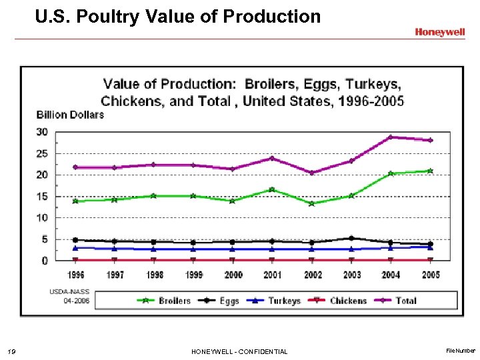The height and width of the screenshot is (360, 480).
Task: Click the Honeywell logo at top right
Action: tap(440, 32)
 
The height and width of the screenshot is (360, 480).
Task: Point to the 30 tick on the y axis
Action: tap(42, 132)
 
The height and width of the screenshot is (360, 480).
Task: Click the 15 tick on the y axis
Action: tap(42, 197)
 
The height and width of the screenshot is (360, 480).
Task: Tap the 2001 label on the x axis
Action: tap(272, 275)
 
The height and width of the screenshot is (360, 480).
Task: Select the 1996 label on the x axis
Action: tap(75, 275)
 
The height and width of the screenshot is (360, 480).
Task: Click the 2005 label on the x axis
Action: tap(431, 275)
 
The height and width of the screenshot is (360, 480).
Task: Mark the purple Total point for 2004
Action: tap(391, 137)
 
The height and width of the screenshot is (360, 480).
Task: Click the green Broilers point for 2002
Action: tap(311, 203)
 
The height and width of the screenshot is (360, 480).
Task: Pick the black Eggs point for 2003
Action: tap(351, 238)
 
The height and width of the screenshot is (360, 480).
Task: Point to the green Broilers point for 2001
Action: tap(272, 189)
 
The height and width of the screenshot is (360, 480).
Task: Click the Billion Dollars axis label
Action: tap(70, 115)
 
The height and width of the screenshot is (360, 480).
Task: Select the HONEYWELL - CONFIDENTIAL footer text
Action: tap(239, 351)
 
